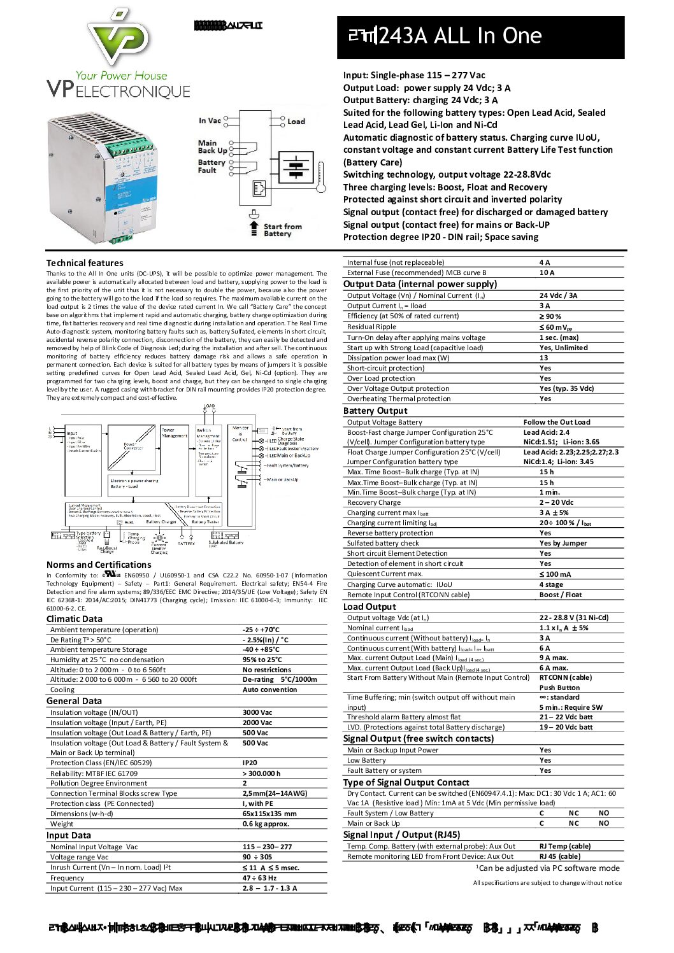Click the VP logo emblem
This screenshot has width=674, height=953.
coord(119,38)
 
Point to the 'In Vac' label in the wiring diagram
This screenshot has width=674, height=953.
coord(210,120)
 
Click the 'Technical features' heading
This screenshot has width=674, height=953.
coord(85,263)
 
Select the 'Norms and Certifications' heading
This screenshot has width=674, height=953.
coord(99,565)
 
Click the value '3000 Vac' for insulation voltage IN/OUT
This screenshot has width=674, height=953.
coord(257,712)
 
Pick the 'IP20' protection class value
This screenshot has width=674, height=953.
coord(250,763)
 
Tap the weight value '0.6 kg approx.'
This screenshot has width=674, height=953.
coord(266,824)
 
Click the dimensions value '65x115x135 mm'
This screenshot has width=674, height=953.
coord(269,814)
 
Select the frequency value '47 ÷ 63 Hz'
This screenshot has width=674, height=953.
coord(259,878)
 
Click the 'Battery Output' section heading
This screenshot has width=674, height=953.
coord(375,411)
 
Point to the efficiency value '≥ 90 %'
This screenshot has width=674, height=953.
coord(550,316)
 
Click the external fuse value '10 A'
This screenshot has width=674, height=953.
coord(547,272)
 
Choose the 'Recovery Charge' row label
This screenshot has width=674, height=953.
coord(374,502)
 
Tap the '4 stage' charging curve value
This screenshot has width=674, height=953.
coord(551,584)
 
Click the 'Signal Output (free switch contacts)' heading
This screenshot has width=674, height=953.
coord(419,738)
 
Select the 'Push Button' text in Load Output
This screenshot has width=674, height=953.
coord(559,688)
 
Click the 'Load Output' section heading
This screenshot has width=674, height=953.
coord(369,607)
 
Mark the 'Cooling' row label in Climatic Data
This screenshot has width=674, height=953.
coord(62,689)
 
